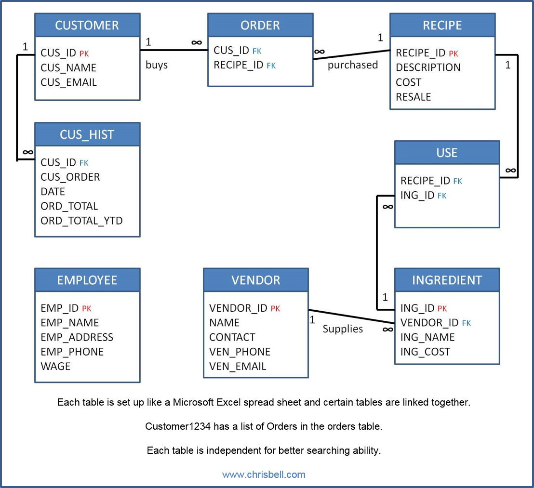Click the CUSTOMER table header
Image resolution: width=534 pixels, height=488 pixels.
pyautogui.click(x=87, y=26)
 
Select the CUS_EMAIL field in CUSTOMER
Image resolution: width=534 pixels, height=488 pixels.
pyautogui.click(x=68, y=82)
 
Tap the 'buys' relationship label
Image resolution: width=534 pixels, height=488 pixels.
pyautogui.click(x=157, y=65)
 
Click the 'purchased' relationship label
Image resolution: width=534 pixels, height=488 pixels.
pyautogui.click(x=353, y=65)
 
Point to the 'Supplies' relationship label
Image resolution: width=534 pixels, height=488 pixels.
pyautogui.click(x=343, y=329)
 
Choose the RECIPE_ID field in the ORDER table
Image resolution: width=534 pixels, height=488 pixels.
pyautogui.click(x=239, y=65)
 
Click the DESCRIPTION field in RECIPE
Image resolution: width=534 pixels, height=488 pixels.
pyautogui.click(x=428, y=67)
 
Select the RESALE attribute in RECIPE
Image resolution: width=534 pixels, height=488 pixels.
pyautogui.click(x=413, y=97)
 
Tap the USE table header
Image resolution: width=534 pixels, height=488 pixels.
pyautogui.click(x=447, y=153)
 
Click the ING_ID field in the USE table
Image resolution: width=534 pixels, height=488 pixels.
pyautogui.click(x=417, y=195)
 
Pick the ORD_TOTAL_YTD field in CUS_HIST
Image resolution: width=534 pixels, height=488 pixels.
pyautogui.click(x=81, y=221)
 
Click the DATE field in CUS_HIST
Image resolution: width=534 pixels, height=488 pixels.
pyautogui.click(x=53, y=192)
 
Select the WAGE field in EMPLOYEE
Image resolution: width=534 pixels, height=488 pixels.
pyautogui.click(x=55, y=366)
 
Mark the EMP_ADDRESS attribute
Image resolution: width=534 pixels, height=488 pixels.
pyautogui.click(x=77, y=337)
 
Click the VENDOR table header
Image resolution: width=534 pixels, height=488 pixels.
pyautogui.click(x=255, y=280)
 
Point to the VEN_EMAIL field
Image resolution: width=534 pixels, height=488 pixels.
pyautogui.click(x=238, y=366)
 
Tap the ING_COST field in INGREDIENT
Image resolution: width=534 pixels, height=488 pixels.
pyautogui.click(x=425, y=352)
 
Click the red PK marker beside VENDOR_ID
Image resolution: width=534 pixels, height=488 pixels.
pyautogui.click(x=275, y=309)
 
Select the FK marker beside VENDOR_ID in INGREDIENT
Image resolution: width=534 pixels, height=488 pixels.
pyautogui.click(x=466, y=323)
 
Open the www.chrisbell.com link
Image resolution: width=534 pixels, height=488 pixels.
pyautogui.click(x=264, y=475)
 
